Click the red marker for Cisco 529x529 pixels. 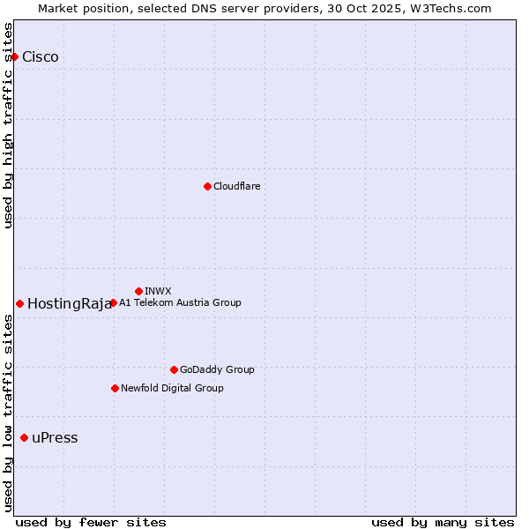click(14, 57)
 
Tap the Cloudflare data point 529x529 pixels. click(207, 186)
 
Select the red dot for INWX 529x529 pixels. click(138, 291)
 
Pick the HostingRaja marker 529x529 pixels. click(19, 303)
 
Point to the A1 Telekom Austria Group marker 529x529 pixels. click(113, 303)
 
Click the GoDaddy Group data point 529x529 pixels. click(174, 369)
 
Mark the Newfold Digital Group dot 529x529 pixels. click(115, 388)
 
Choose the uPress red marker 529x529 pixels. click(24, 438)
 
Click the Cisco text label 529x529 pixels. click(41, 57)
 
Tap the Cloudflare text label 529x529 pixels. click(237, 186)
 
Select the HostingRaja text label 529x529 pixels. click(69, 304)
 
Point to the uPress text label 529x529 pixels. click(55, 438)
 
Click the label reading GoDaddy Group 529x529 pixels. click(217, 369)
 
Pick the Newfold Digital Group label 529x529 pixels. click(172, 388)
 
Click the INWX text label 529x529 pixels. click(158, 291)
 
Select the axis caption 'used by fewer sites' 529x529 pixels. click(91, 522)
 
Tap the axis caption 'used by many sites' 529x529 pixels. click(443, 522)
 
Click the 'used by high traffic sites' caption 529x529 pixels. click(8, 125)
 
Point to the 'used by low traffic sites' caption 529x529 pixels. click(8, 413)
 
